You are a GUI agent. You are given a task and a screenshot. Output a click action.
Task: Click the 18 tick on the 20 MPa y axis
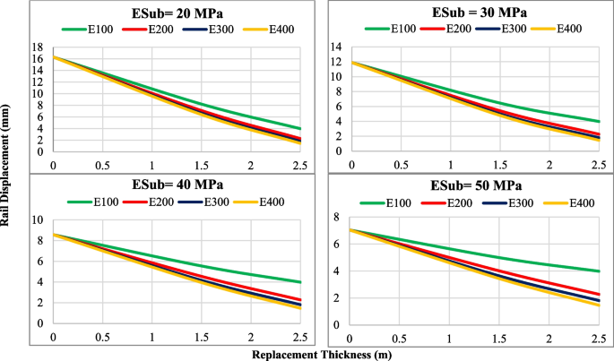[x=38, y=47]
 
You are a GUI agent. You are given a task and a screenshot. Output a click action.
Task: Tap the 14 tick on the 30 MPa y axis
[x=336, y=47]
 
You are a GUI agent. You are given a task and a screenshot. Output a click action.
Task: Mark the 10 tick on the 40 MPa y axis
[x=38, y=220]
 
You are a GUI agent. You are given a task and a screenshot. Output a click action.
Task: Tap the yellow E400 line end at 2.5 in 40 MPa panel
[x=300, y=307]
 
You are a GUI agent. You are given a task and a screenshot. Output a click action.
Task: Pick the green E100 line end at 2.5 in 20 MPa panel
[x=300, y=129]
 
